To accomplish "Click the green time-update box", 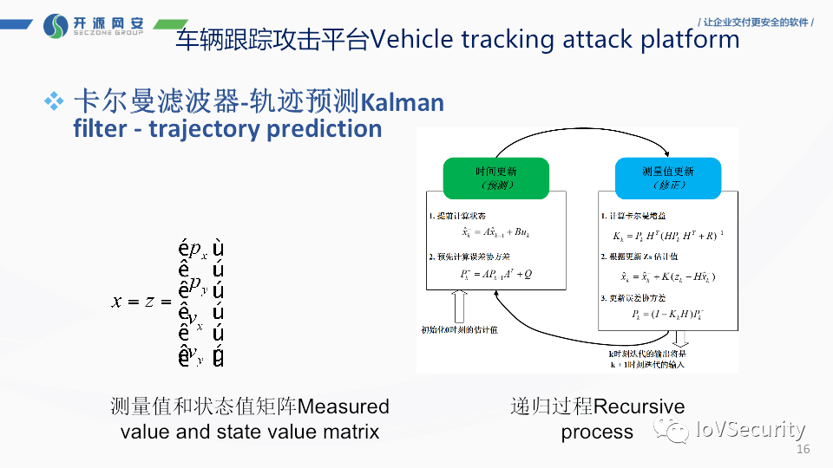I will pyautogui.click(x=495, y=178).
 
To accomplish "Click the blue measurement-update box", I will pyautogui.click(x=667, y=178).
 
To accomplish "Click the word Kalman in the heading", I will pyautogui.click(x=402, y=103).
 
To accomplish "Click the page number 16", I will pyautogui.click(x=802, y=450).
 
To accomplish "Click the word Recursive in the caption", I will pyautogui.click(x=639, y=406).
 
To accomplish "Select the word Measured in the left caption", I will pyautogui.click(x=344, y=406).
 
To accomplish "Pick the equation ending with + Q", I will pyautogui.click(x=496, y=275).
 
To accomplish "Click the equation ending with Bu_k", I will pyautogui.click(x=496, y=232).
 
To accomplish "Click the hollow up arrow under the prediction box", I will pyautogui.click(x=459, y=305).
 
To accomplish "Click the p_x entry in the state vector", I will pyautogui.click(x=199, y=252).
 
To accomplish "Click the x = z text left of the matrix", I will pyautogui.click(x=136, y=301).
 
